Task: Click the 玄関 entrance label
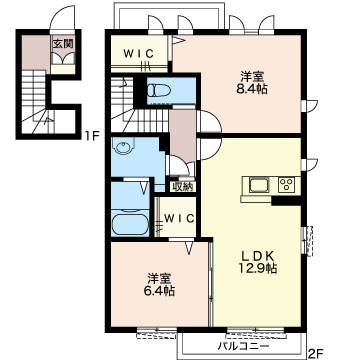63,43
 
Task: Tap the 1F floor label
91,137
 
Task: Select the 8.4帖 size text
252,89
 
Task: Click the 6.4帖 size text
160,291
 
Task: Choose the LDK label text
257,256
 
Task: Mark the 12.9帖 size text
257,269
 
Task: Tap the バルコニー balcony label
243,347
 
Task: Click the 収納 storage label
182,187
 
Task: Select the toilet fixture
159,90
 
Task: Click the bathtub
130,224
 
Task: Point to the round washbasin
123,147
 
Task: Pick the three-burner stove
287,184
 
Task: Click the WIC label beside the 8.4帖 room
139,53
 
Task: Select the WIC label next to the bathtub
179,218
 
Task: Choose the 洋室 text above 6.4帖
160,278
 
